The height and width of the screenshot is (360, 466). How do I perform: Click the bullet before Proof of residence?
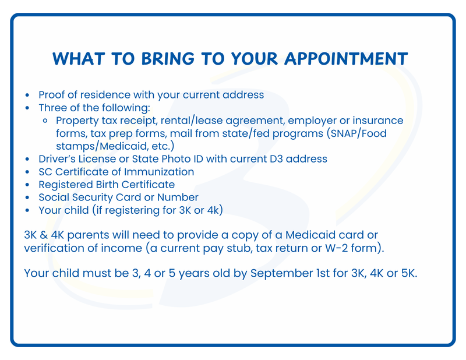[x=27, y=95]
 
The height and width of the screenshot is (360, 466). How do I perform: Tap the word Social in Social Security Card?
[x=54, y=197]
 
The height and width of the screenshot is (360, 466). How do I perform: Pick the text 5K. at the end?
[x=405, y=273]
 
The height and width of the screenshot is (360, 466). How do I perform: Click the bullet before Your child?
[x=27, y=210]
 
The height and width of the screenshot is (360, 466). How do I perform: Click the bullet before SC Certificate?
[x=27, y=172]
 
